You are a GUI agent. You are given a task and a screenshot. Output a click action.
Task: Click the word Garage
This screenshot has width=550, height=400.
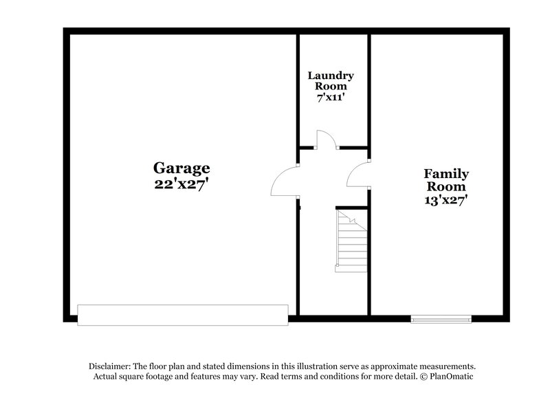point(181,168)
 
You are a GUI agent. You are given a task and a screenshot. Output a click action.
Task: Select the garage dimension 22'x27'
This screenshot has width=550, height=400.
point(181,184)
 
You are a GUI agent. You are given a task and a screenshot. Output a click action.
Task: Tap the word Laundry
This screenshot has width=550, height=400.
point(331,76)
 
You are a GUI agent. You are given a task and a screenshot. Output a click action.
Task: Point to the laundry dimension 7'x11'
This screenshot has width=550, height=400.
point(331,98)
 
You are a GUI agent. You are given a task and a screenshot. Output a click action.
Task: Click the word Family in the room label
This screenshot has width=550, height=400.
point(446,174)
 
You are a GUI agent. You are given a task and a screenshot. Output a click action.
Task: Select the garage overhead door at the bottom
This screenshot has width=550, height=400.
point(183,315)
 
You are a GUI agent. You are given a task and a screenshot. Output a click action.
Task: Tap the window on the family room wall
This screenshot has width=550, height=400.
point(441,318)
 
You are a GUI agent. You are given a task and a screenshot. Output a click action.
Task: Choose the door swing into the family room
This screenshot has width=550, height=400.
point(357,175)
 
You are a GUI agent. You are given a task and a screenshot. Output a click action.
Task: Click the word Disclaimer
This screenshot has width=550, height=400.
point(111,366)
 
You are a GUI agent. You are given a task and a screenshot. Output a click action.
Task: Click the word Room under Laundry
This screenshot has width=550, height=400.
point(331,87)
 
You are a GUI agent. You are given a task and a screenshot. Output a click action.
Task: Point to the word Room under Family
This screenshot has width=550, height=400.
point(446,187)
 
